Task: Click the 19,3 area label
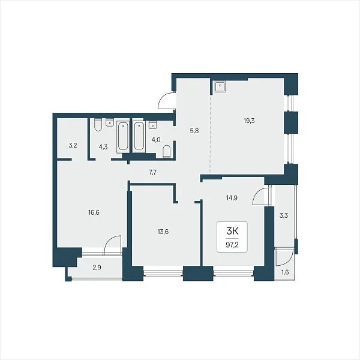249,121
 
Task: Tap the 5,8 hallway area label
194,131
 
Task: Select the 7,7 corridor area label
152,172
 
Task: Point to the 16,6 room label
94,212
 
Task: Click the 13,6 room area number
163,232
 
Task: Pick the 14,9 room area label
232,197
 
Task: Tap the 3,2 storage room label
73,145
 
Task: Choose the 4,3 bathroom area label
103,147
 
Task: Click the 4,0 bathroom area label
156,140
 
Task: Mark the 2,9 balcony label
97,268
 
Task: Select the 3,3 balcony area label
284,215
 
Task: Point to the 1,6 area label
285,272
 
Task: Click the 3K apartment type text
232,232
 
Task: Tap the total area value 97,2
232,245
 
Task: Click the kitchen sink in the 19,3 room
220,86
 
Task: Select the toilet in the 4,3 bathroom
98,125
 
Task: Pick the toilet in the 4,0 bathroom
167,152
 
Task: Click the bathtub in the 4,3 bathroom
123,137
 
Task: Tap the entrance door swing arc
165,100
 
